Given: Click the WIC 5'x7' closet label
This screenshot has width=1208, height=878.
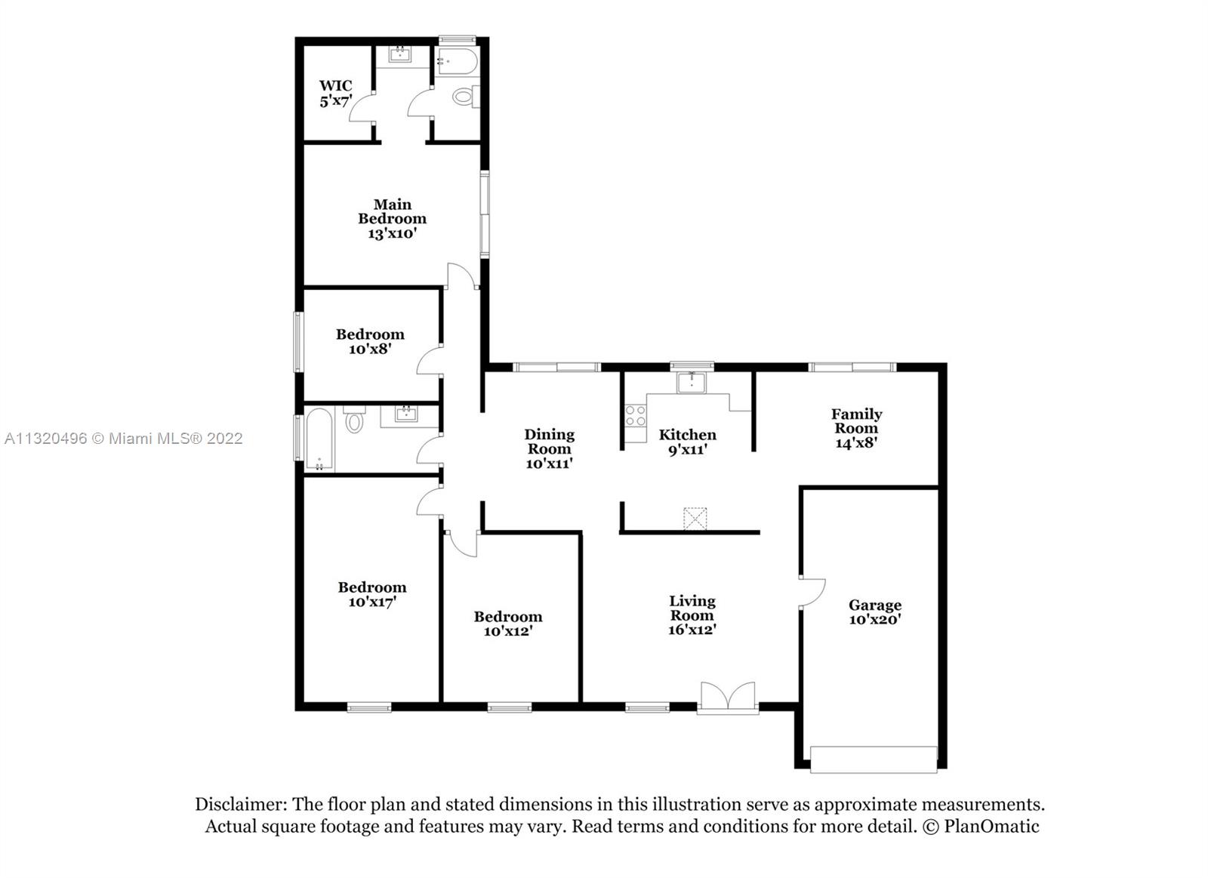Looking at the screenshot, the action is [x=335, y=94].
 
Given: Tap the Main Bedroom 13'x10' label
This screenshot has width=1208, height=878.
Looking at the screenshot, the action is [x=392, y=219].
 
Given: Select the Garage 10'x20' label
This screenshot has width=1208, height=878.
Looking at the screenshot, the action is [x=875, y=612].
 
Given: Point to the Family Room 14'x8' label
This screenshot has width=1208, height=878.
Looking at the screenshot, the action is [x=856, y=428].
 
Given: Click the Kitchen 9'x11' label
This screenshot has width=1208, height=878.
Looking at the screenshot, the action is [x=688, y=442].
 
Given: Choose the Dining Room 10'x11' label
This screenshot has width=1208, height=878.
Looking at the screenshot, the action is [x=549, y=448].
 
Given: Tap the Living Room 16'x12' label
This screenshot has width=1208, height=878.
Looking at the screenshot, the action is [x=692, y=615].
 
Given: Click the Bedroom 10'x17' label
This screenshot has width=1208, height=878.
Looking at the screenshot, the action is [x=372, y=594].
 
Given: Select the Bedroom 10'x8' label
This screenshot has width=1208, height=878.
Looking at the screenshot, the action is [x=370, y=341].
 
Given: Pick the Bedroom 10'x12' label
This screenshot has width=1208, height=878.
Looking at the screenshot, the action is [x=508, y=624].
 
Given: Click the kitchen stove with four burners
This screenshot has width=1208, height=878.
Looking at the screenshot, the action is [x=636, y=416].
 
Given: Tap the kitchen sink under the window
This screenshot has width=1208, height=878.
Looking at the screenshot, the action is [x=691, y=382].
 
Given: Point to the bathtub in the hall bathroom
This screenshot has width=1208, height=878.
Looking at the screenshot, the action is [x=319, y=439].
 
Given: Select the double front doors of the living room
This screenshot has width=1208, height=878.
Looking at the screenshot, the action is [x=728, y=698].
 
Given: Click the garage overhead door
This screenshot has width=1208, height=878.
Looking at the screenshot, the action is [x=874, y=759].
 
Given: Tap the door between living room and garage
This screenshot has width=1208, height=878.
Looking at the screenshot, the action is [x=812, y=593].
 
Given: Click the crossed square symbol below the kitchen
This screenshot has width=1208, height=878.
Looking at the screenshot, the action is [x=695, y=519].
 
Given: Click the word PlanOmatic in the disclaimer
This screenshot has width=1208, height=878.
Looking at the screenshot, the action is [x=991, y=827].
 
